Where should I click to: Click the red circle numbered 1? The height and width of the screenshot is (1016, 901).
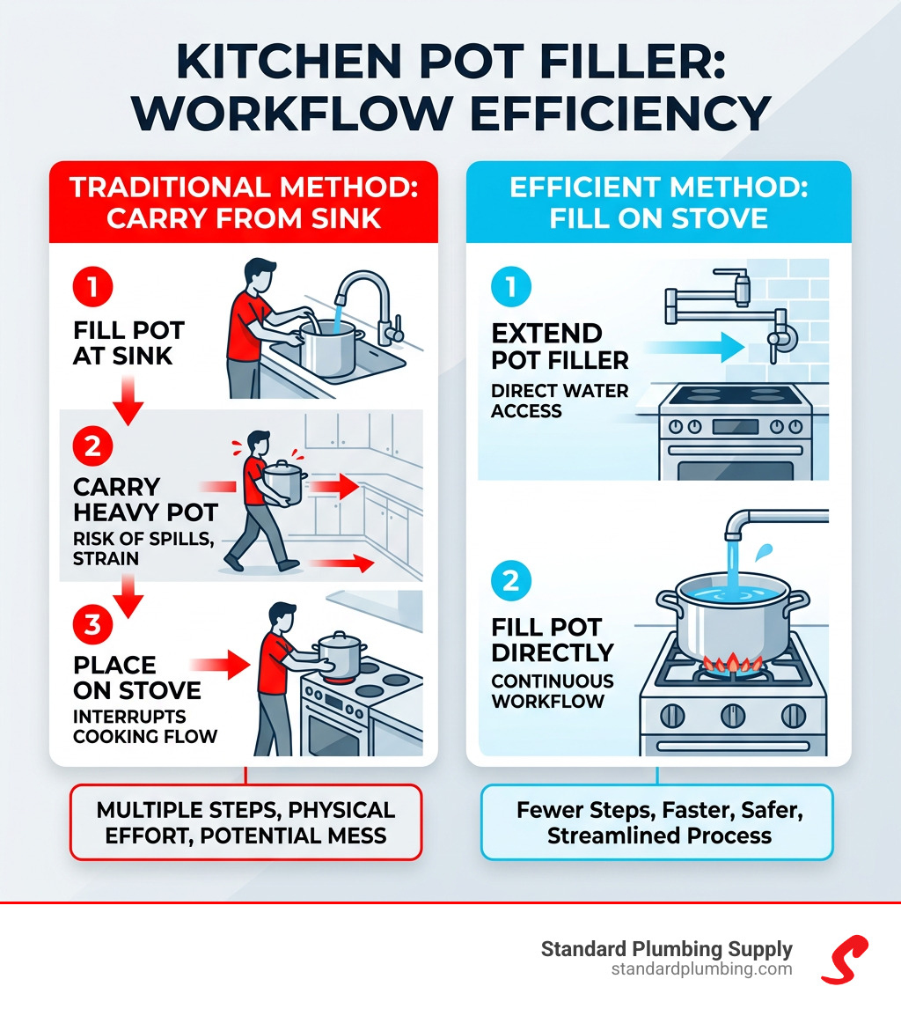point(91,286)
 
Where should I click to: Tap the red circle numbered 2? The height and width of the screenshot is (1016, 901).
point(91,445)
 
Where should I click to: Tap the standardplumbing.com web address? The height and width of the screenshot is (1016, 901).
point(701,969)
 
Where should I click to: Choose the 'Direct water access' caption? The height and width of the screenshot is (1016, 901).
point(560,400)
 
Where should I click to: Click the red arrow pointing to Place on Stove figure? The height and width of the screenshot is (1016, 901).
point(225,666)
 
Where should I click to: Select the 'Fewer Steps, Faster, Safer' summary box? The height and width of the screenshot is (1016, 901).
point(656,821)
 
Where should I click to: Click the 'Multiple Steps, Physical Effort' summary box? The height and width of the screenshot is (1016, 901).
point(245,821)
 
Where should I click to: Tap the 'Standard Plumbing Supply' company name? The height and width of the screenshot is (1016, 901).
point(666,949)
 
